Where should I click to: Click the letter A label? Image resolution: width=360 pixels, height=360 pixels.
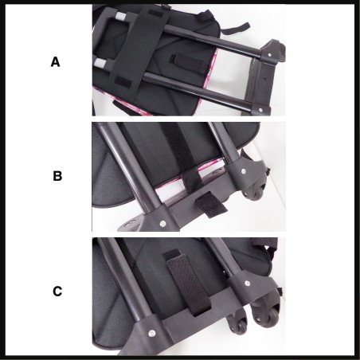click(55, 62)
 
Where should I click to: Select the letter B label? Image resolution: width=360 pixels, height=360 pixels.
click(57, 176)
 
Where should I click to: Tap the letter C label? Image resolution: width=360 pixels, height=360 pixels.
click(57, 292)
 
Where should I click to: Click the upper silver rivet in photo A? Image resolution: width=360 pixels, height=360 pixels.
click(270, 55)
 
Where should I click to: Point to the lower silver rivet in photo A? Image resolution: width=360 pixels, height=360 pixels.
click(260, 109)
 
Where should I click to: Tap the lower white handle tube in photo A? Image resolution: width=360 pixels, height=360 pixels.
click(100, 64)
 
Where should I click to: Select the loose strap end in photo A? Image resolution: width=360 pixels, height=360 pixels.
click(235, 29)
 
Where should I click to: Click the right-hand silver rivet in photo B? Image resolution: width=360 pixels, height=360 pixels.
click(244, 171)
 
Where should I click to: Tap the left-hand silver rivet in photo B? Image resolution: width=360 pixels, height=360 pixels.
click(162, 224)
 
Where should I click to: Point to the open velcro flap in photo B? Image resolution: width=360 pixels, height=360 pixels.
click(211, 205)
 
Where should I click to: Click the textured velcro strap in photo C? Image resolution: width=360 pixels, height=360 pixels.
click(187, 281)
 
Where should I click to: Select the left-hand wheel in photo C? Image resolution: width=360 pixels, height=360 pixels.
click(238, 322)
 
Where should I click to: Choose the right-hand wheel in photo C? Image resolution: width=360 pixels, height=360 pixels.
click(266, 312)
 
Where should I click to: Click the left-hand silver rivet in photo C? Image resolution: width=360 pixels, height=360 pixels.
click(151, 332)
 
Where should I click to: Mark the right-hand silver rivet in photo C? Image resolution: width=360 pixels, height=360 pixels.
click(247, 284)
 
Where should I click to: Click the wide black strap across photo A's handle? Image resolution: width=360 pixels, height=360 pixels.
click(140, 47)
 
